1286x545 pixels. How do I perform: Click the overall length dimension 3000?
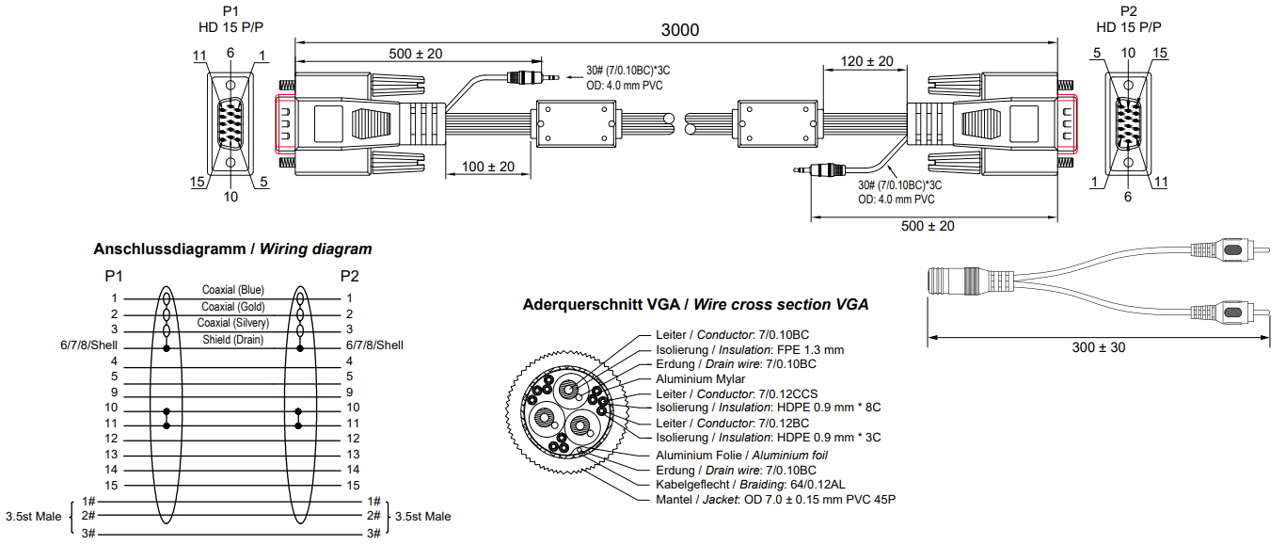click(679, 30)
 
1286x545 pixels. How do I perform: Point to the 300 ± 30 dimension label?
click(1099, 347)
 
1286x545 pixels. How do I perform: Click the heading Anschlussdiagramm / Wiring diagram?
click(232, 249)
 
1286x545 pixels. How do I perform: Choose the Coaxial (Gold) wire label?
click(232, 307)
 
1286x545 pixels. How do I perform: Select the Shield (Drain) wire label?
click(232, 339)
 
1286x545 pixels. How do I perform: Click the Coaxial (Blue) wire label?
click(232, 290)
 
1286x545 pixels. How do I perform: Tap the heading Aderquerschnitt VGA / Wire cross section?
click(695, 305)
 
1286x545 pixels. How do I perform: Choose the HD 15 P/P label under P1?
click(231, 26)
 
